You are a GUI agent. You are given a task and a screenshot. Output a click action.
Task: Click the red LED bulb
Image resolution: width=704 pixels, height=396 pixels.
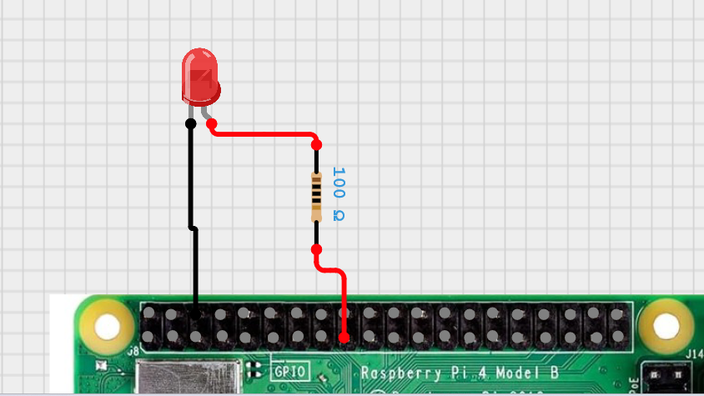(x=200, y=77)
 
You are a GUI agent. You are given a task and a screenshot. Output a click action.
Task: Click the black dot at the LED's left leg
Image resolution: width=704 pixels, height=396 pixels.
(x=190, y=123)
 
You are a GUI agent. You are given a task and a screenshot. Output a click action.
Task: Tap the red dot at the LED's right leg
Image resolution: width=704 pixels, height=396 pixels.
(x=212, y=123)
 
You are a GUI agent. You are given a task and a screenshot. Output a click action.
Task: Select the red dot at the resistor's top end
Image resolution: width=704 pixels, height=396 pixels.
(x=316, y=144)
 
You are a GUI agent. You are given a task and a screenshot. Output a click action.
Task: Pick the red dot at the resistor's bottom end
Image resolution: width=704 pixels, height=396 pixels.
(x=316, y=249)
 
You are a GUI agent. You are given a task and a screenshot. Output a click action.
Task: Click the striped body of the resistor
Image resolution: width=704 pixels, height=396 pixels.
(x=316, y=195)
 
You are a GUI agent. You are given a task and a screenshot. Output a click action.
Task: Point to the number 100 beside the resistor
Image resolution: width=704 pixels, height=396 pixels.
(x=338, y=182)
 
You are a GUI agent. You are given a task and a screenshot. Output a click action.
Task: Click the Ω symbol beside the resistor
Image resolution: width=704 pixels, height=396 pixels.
(x=338, y=216)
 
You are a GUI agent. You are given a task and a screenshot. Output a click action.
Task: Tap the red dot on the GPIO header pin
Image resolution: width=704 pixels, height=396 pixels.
(x=344, y=338)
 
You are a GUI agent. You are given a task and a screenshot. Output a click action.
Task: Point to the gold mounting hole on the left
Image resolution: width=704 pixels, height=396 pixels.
(x=107, y=326)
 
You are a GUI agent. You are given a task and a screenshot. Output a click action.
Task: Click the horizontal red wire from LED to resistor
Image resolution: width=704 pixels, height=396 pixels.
(x=263, y=133)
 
